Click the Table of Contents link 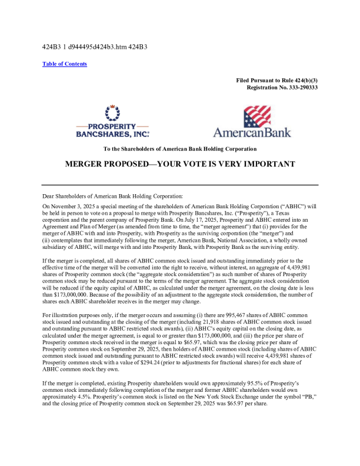pyautogui.click(x=65, y=64)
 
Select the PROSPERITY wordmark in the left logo pyautogui.click(x=112, y=126)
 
